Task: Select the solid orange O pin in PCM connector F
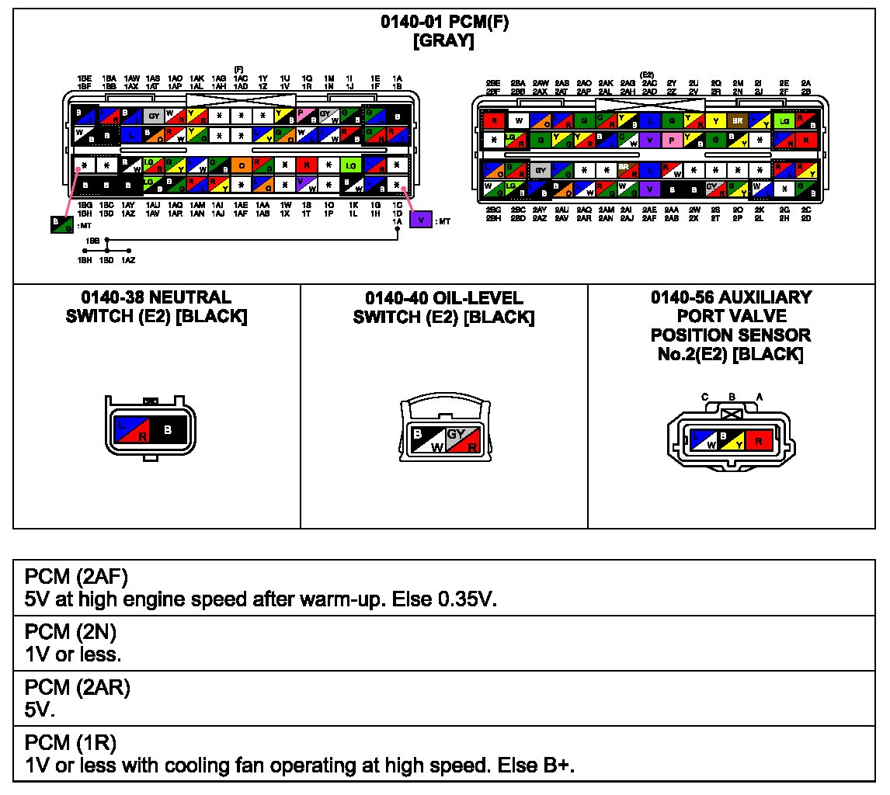[x=242, y=165]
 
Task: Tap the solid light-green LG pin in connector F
[x=352, y=165]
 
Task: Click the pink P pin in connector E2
[x=669, y=141]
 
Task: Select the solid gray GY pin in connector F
[x=153, y=116]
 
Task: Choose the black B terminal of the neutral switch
[x=168, y=429]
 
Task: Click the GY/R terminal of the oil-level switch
[x=460, y=440]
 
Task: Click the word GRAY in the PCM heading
[x=444, y=41]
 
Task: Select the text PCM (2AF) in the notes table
[x=76, y=577]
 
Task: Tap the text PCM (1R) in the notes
[x=71, y=745]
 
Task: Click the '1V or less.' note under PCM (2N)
[x=73, y=654]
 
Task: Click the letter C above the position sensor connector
[x=705, y=397]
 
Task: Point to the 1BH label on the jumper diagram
[x=85, y=261]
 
